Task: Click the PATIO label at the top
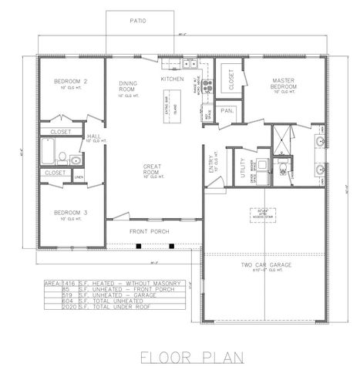pyautogui.click(x=138, y=21)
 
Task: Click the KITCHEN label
pyautogui.click(x=172, y=79)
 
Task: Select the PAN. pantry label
pyautogui.click(x=227, y=111)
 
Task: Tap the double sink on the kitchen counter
pyautogui.click(x=189, y=64)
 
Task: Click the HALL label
pyautogui.click(x=93, y=136)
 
